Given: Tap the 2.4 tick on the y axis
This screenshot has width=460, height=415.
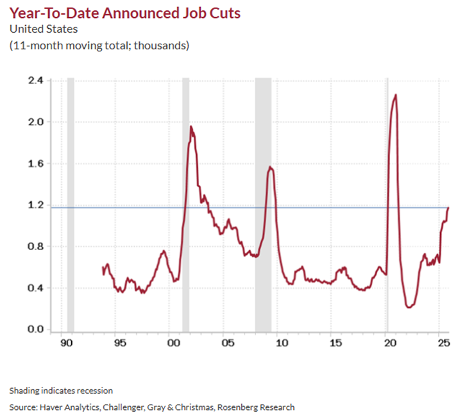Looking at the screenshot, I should [x=35, y=80].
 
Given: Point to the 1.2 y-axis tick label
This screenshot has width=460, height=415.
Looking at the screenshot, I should [x=35, y=205].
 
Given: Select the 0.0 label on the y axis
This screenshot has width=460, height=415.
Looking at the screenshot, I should [x=35, y=330].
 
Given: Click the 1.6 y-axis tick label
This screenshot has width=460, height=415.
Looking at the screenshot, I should [x=35, y=164].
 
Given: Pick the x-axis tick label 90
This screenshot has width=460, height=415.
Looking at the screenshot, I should [x=65, y=343].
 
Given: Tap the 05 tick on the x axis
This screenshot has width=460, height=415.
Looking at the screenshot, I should [x=226, y=343].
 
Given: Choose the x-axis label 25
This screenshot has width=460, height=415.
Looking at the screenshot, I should [x=442, y=343].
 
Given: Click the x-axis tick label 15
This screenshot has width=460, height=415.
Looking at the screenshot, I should [x=334, y=343].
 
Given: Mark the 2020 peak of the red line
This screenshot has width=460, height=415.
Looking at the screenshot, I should [x=395, y=95].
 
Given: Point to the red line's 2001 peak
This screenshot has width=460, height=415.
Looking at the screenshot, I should [x=191, y=126].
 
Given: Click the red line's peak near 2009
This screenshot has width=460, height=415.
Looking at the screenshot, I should [x=271, y=167].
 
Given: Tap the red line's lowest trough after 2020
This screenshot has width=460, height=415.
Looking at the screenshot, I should [x=409, y=307].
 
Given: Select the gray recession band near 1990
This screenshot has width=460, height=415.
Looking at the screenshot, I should [x=71, y=205].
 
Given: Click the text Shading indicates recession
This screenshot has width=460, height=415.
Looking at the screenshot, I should [x=61, y=390].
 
